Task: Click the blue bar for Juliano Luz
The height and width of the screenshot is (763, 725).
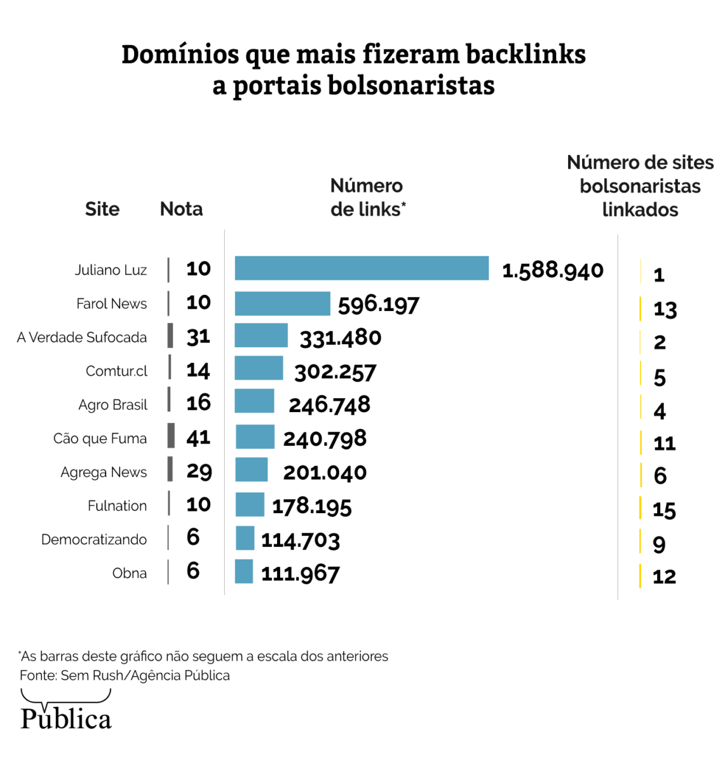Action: tap(362, 268)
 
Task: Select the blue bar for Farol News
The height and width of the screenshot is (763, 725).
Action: tap(282, 303)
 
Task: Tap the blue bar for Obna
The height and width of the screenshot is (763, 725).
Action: tap(244, 572)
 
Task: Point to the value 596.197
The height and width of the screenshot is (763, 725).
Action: tap(378, 305)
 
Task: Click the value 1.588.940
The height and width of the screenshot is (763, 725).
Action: tap(552, 270)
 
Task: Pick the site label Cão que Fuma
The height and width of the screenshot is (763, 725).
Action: tap(100, 438)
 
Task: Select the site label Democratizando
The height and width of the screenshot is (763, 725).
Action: tap(94, 539)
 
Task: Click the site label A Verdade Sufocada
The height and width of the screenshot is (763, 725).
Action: tap(82, 337)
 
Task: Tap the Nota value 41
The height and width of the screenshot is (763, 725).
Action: tap(198, 437)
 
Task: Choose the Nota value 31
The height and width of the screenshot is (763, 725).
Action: tap(198, 336)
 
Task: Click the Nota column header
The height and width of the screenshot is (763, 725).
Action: tap(181, 209)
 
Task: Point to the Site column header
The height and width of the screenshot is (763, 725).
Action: tap(102, 209)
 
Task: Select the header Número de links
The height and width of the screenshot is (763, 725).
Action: tap(367, 197)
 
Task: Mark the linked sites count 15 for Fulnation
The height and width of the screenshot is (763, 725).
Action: tap(664, 509)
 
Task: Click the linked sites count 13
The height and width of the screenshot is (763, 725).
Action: tap(665, 309)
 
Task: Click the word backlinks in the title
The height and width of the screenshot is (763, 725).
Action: tap(525, 55)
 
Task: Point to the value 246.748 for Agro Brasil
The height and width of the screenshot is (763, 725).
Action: tap(329, 404)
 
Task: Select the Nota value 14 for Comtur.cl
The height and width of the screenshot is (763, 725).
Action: tap(198, 370)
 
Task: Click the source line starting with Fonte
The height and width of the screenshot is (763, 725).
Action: tap(125, 675)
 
